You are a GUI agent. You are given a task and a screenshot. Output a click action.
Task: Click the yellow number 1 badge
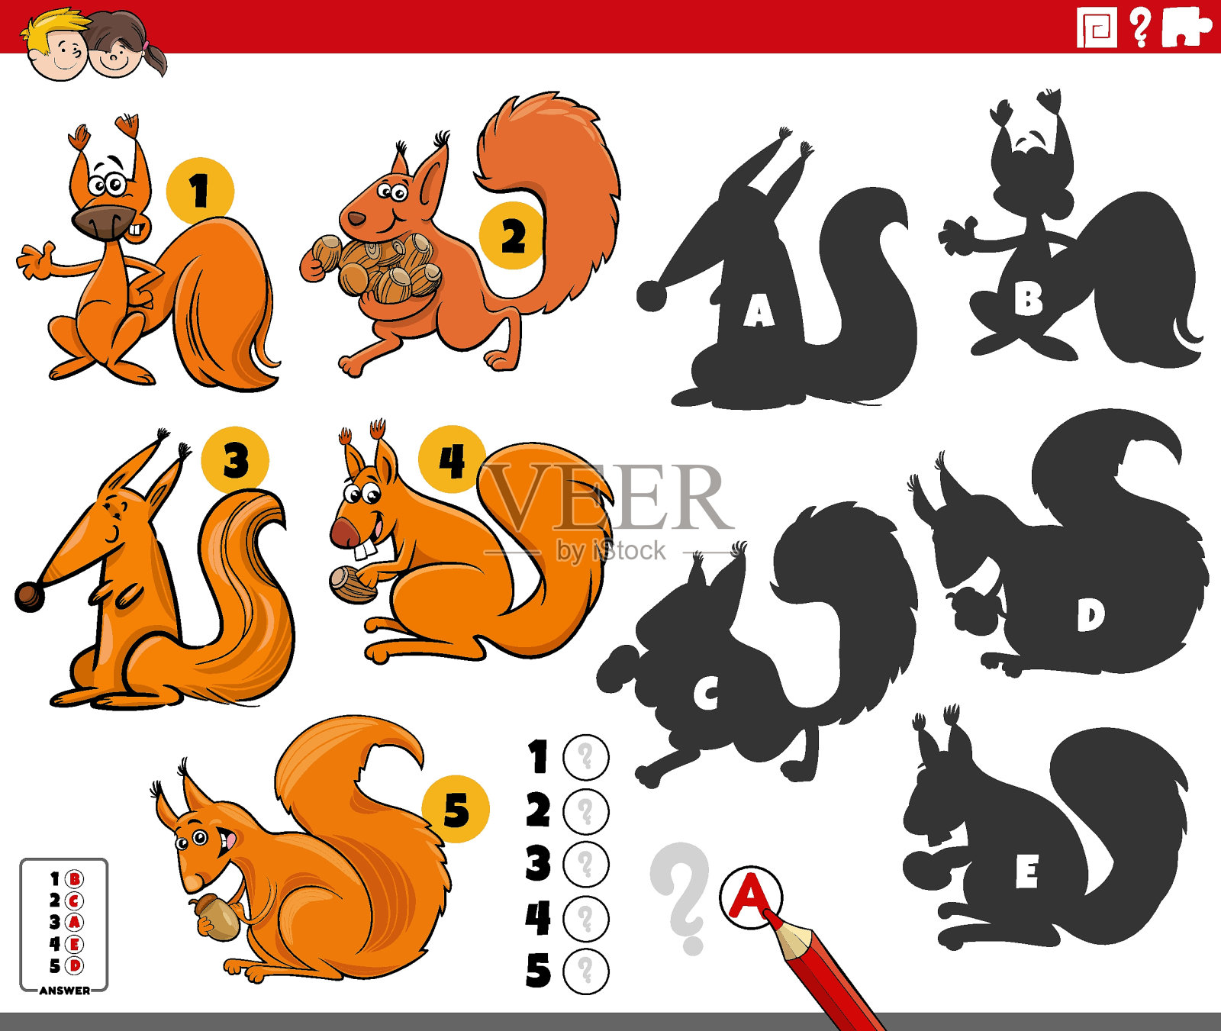[x=200, y=191]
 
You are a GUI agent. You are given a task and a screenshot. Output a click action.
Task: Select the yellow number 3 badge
[x=235, y=460]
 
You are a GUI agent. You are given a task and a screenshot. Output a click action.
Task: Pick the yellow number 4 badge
[x=452, y=459]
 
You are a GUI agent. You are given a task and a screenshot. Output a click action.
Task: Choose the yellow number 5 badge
[x=456, y=809]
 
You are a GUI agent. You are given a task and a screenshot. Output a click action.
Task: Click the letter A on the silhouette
[x=759, y=311]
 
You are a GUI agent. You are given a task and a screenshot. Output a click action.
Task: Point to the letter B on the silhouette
[x=1028, y=299]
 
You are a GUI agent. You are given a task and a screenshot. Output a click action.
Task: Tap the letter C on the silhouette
[x=707, y=694]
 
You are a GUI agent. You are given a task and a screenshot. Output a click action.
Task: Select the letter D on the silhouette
[x=1091, y=614]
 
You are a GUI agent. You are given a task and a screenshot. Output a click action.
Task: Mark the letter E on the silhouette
[x=1027, y=872]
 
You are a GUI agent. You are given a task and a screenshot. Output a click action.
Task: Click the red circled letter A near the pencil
[x=751, y=897]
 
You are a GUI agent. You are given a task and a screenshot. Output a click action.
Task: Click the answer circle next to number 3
[x=586, y=865]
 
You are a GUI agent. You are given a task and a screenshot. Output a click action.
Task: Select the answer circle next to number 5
[x=586, y=972]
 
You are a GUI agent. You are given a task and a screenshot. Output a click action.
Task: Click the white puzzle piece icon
[x=1186, y=27]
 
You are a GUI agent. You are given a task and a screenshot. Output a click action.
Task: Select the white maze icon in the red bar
[x=1097, y=27]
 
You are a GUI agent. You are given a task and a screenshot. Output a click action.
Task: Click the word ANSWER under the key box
[x=65, y=991]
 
